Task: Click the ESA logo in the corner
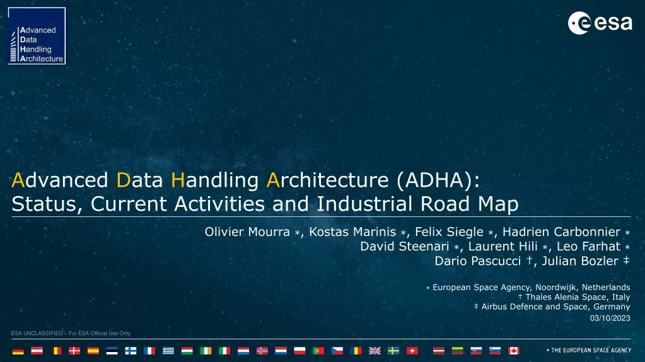coord(600,23)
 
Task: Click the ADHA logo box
coord(37,36)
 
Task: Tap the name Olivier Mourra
coord(247,232)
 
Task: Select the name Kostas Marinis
coord(352,232)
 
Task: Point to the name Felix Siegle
coord(449,232)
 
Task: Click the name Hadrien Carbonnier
coord(561,232)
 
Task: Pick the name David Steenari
coord(404,247)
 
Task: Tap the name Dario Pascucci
coord(477,261)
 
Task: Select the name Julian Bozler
coord(580,261)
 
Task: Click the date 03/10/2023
coord(610,318)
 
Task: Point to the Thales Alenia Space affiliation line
coord(574,297)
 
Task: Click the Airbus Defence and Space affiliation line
coord(552,307)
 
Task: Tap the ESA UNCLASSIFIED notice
coord(71,333)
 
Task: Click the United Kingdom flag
coord(375,351)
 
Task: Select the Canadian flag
coord(513,351)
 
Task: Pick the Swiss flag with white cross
coord(412,351)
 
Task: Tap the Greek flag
coord(168,351)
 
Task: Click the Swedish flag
coord(393,351)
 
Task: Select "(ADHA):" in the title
coord(438,180)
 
